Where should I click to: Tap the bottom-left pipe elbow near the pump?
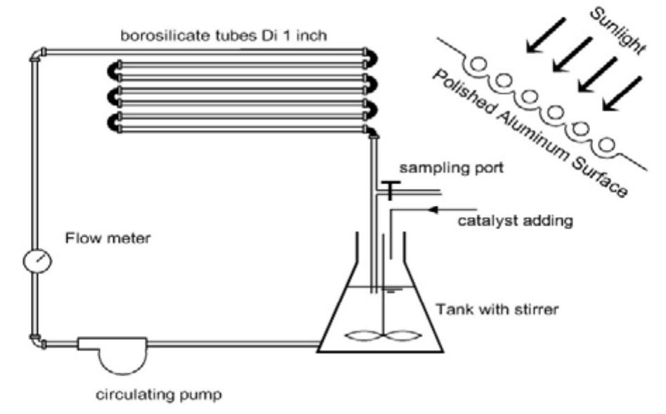36,342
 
